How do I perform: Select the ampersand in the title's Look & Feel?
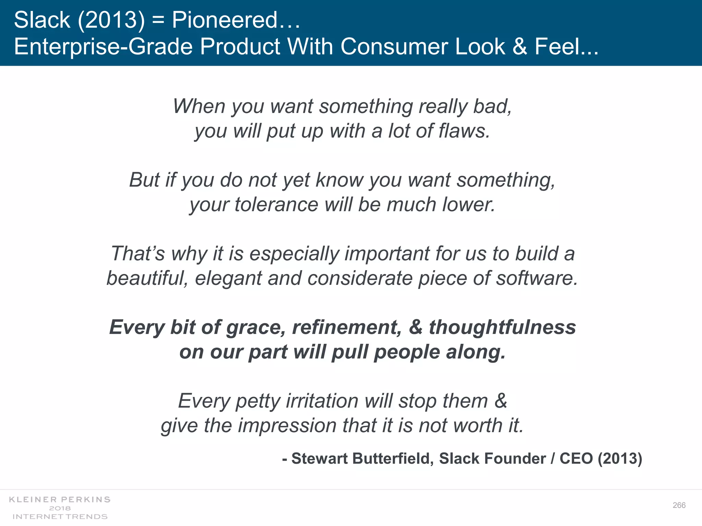coord(520,46)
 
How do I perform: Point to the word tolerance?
coord(276,205)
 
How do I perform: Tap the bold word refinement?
coord(346,327)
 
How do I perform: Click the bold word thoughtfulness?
coord(503,327)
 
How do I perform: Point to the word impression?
coord(287,426)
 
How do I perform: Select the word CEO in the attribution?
coord(576,458)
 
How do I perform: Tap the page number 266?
coord(679,505)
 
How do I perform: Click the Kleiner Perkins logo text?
coord(60,500)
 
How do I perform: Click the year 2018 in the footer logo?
coord(60,508)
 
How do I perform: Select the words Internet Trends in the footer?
coord(60,516)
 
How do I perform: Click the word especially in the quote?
coord(294,254)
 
